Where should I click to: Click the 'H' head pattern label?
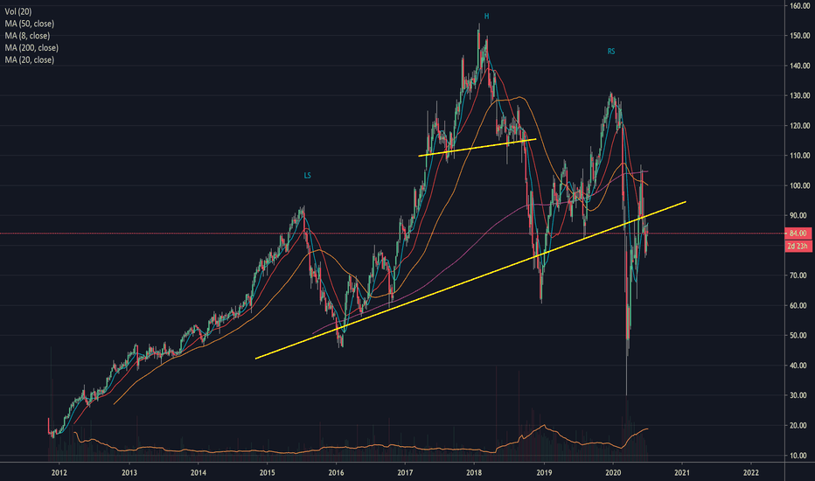(x=486, y=17)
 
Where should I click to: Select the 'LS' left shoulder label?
(x=307, y=176)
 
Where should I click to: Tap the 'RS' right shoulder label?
(x=611, y=52)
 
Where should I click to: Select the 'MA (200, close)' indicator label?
(x=31, y=47)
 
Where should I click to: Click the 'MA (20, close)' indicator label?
(x=29, y=59)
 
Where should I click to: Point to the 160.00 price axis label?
(x=797, y=6)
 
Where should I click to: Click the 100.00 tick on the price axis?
(x=797, y=185)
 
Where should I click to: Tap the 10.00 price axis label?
(x=798, y=456)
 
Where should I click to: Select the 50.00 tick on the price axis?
(x=798, y=336)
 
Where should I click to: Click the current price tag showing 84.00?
(x=797, y=234)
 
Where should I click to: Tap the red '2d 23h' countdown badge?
(x=797, y=247)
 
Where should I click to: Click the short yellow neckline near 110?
(x=477, y=147)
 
